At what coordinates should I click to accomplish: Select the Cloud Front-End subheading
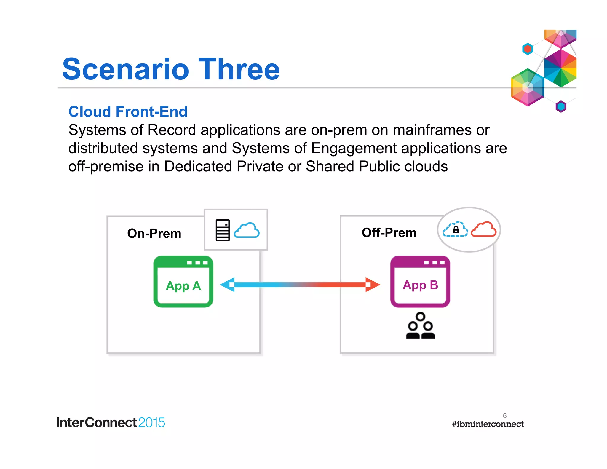pyautogui.click(x=128, y=112)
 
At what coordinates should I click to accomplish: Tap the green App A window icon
pyautogui.click(x=183, y=282)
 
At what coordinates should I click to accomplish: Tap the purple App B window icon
pyautogui.click(x=420, y=282)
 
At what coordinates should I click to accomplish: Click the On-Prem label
pyautogui.click(x=154, y=234)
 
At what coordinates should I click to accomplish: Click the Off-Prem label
pyautogui.click(x=389, y=233)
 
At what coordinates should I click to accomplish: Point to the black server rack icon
pyautogui.click(x=223, y=230)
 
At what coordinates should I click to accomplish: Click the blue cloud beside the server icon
pyautogui.click(x=247, y=230)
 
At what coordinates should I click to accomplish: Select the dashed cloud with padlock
pyautogui.click(x=455, y=229)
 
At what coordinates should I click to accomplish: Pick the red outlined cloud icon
pyautogui.click(x=483, y=229)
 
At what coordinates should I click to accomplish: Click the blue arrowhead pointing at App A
pyautogui.click(x=228, y=285)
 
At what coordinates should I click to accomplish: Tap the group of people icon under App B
pyautogui.click(x=420, y=326)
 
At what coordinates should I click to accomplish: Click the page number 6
pyautogui.click(x=504, y=415)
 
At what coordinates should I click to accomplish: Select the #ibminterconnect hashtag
pyautogui.click(x=488, y=424)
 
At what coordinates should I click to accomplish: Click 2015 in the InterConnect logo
pyautogui.click(x=151, y=422)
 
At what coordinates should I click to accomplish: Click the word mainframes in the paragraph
pyautogui.click(x=432, y=130)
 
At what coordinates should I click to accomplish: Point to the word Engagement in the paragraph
pyautogui.click(x=354, y=148)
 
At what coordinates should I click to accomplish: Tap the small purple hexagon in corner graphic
pyautogui.click(x=561, y=106)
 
